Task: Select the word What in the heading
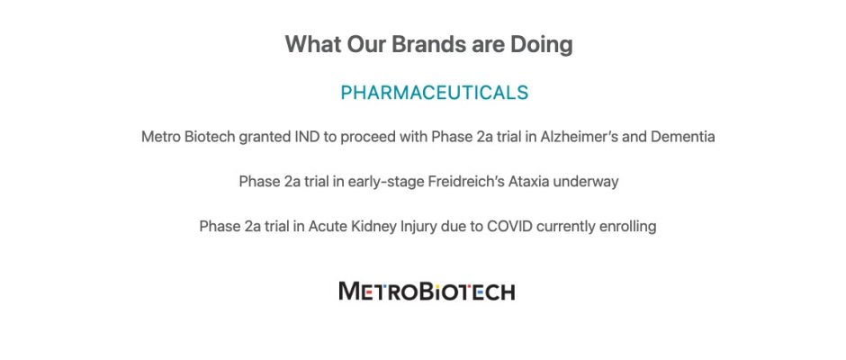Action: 313,44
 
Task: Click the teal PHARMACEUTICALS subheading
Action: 435,93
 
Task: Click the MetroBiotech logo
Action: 427,292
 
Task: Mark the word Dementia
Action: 682,137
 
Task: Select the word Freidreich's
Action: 466,181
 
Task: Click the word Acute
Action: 325,226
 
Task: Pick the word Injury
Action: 418,227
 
